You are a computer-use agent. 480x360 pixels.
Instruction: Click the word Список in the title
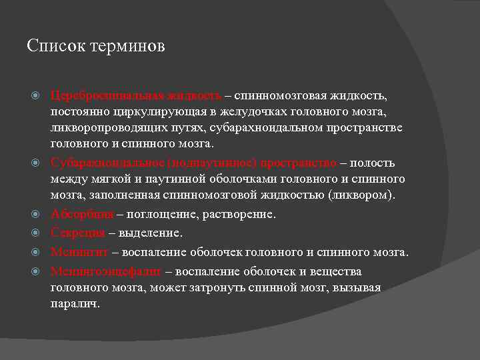[51, 47]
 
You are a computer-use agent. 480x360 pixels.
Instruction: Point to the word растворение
[241, 215]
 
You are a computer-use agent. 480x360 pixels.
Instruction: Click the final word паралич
[75, 303]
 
